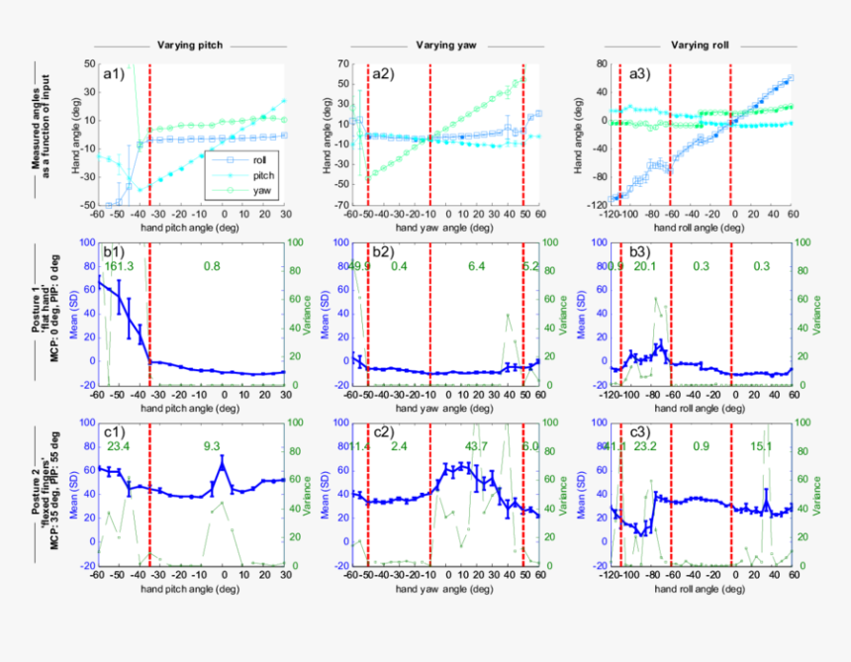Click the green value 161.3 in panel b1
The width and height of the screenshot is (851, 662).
click(x=118, y=267)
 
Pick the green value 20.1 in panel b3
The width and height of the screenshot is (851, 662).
click(x=645, y=267)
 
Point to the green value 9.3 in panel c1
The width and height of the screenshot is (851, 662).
click(x=212, y=446)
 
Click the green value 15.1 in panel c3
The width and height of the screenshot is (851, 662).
click(x=761, y=446)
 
